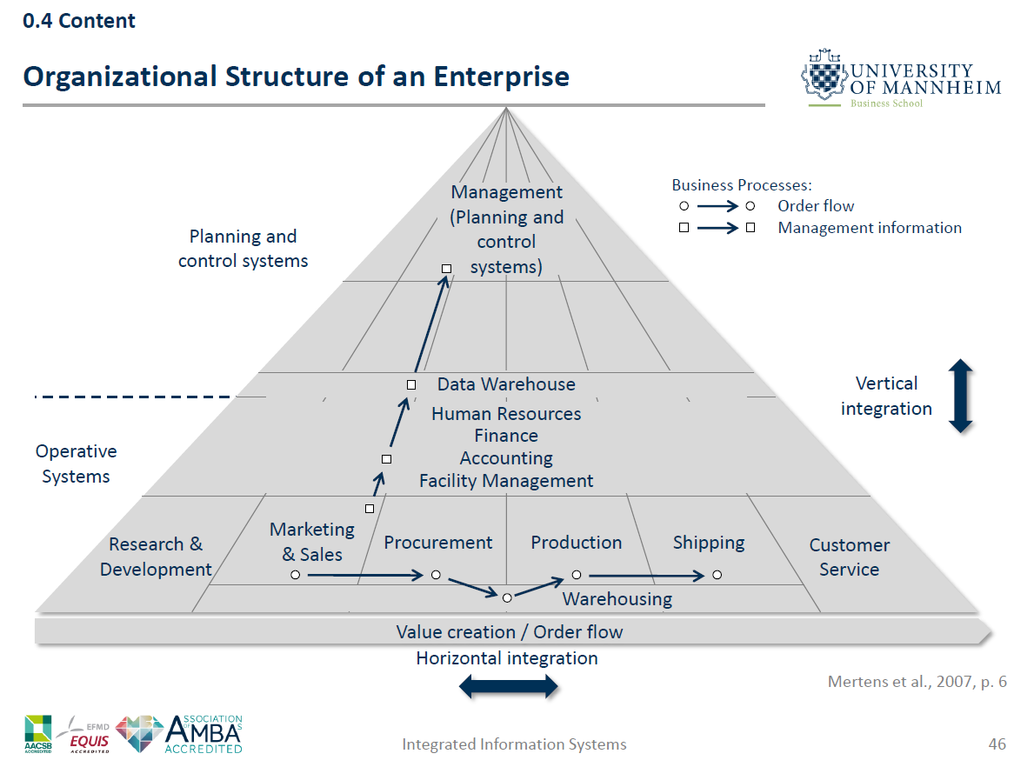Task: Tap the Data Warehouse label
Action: pyautogui.click(x=505, y=384)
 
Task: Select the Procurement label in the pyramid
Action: pyautogui.click(x=437, y=543)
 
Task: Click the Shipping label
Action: pyautogui.click(x=709, y=543)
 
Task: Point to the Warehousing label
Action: pyautogui.click(x=617, y=599)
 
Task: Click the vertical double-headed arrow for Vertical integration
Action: pyautogui.click(x=960, y=396)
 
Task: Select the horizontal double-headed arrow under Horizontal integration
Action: pyautogui.click(x=508, y=687)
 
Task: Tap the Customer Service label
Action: pyautogui.click(x=849, y=557)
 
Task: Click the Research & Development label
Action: pyautogui.click(x=156, y=557)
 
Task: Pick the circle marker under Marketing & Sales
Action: pyautogui.click(x=296, y=575)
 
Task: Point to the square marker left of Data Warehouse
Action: pyautogui.click(x=411, y=384)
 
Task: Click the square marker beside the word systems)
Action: pyautogui.click(x=446, y=269)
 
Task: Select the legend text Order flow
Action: pyautogui.click(x=816, y=206)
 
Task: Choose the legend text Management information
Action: pyautogui.click(x=870, y=228)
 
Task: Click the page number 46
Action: pyautogui.click(x=997, y=744)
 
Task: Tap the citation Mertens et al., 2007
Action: pyautogui.click(x=917, y=682)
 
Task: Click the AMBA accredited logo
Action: pyautogui.click(x=202, y=734)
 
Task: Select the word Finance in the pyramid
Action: pyautogui.click(x=505, y=436)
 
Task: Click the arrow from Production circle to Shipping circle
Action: pyautogui.click(x=644, y=575)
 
